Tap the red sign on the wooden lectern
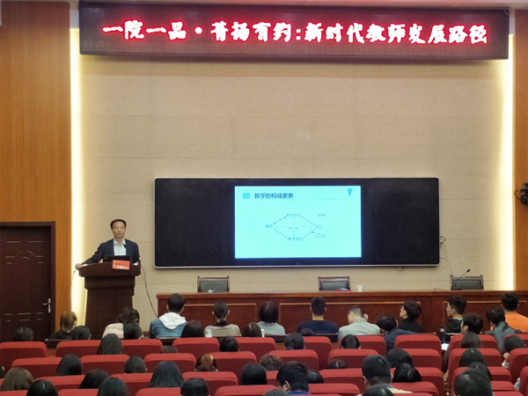(x=119, y=264)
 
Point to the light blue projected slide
(x=297, y=222)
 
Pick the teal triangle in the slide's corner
(x=350, y=193)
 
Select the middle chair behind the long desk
(x=334, y=283)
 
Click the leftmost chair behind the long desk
(x=213, y=284)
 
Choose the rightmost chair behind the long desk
(x=466, y=282)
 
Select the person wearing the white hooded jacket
(x=168, y=322)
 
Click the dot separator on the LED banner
(x=198, y=32)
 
